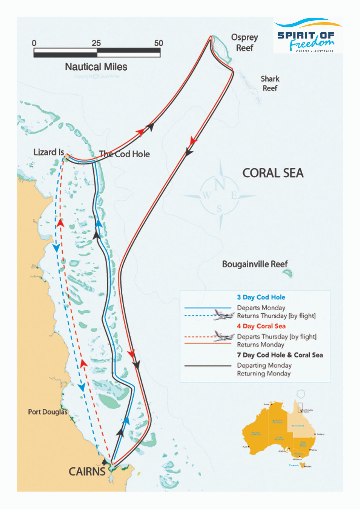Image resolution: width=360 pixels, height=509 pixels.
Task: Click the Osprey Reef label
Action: coord(244,42)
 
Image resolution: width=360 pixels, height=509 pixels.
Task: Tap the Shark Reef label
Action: coord(270,83)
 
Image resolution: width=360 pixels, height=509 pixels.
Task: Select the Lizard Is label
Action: coord(49,152)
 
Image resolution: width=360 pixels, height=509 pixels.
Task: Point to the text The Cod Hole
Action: coord(124,154)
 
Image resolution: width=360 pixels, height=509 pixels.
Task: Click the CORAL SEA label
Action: coord(273,173)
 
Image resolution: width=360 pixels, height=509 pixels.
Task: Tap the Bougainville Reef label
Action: coord(255,264)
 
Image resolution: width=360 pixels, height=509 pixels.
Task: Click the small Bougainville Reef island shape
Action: coord(288,273)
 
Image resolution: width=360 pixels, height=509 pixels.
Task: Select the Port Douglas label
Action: coord(48,412)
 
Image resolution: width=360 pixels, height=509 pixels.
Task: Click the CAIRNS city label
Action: coord(87,472)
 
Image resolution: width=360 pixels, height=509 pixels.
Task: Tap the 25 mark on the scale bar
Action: coord(96,43)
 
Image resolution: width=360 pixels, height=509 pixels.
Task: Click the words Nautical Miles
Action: coord(96,67)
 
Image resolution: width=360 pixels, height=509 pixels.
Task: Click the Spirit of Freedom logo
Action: coord(308,35)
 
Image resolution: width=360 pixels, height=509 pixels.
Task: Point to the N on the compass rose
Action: coord(220,184)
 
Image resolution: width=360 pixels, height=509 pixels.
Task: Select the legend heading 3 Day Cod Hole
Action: coord(261,297)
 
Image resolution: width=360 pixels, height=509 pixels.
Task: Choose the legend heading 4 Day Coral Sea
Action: coord(261,326)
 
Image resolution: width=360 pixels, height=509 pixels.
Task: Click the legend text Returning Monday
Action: coord(264,374)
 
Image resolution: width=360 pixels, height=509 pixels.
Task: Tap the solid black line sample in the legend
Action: coord(208,366)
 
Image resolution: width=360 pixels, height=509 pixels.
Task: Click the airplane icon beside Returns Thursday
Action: coord(223,315)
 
